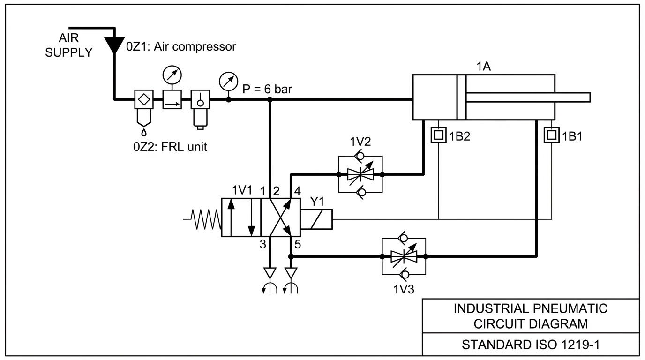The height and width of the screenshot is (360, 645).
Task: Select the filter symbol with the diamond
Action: (144, 99)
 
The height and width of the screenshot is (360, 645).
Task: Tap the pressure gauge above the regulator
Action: (172, 75)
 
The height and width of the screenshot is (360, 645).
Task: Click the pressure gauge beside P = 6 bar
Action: (229, 82)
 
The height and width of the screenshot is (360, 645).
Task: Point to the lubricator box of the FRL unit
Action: (201, 99)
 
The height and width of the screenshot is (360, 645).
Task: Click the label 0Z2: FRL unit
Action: (170, 147)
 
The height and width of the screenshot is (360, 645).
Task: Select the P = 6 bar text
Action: (267, 89)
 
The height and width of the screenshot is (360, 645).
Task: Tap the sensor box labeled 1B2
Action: (439, 135)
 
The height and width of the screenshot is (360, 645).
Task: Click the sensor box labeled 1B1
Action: (552, 135)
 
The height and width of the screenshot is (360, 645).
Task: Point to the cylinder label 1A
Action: (483, 67)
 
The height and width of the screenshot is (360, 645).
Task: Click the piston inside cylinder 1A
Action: (462, 97)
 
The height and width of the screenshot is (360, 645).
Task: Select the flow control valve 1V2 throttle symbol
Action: (360, 174)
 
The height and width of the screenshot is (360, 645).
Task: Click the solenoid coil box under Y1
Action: (316, 219)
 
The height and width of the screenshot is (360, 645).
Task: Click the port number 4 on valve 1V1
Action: (298, 191)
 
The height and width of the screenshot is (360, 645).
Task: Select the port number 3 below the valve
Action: (263, 245)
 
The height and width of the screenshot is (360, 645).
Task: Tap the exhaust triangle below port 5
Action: (291, 273)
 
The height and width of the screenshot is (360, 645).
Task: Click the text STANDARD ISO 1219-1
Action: (531, 345)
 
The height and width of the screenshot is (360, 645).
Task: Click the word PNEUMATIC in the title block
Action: (570, 308)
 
